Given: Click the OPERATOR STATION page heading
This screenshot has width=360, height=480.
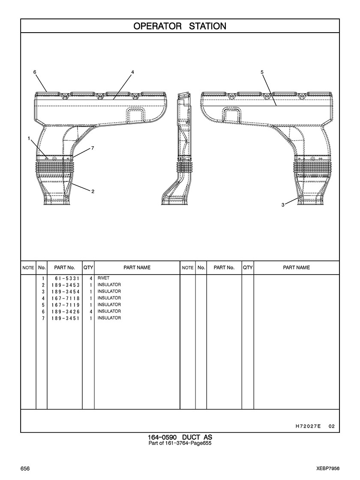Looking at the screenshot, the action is tap(180, 26).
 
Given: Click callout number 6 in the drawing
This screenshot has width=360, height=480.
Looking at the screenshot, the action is tap(35, 72).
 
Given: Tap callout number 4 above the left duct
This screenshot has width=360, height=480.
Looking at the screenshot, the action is tap(132, 72).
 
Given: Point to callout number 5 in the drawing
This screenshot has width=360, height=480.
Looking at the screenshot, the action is tap(262, 72).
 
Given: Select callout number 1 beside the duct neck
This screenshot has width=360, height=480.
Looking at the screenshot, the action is tap(29, 139).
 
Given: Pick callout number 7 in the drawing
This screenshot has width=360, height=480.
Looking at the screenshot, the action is tap(93, 148).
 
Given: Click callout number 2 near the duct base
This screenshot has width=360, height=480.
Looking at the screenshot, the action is tap(93, 192).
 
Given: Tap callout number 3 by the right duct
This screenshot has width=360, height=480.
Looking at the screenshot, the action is tap(283, 205).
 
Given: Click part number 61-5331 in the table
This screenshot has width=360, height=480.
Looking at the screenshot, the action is tap(67, 278).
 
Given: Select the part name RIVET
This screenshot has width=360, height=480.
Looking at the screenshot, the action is tap(103, 278).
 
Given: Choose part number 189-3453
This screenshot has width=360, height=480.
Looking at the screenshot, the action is tap(66, 285).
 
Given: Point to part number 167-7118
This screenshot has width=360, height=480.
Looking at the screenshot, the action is tap(66, 298).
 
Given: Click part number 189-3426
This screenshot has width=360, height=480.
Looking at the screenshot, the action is tap(66, 311).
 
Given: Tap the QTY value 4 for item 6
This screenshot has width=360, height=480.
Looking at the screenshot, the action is tap(91, 311).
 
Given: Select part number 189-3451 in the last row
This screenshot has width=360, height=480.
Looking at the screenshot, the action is tap(66, 318).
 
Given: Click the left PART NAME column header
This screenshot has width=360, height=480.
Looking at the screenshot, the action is tap(137, 268).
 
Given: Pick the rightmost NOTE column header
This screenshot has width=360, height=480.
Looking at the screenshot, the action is tap(187, 268).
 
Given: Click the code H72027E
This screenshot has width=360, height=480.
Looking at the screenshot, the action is tap(308, 426).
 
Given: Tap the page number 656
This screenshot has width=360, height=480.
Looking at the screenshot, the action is tap(25, 469).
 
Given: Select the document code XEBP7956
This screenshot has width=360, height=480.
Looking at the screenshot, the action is tap(328, 469).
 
